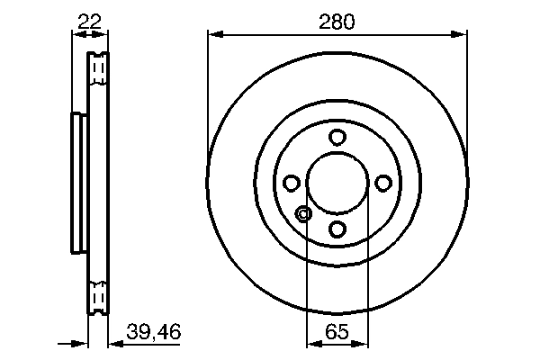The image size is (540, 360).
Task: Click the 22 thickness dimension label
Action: pos(87,20)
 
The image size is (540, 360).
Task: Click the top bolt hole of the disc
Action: pos(337,138)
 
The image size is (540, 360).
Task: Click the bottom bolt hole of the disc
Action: pos(337,229)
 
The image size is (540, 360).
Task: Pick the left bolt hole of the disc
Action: pos(292,184)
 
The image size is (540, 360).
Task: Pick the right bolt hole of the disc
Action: pos(383,184)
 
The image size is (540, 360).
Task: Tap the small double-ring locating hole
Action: pos(303,213)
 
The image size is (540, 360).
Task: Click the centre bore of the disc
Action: pos(337,184)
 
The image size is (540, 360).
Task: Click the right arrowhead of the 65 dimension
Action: pos(363,343)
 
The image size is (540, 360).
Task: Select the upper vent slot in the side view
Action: pos(98,68)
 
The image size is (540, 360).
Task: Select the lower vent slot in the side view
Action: pos(98,297)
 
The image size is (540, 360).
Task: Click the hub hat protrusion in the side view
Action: pos(77,183)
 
